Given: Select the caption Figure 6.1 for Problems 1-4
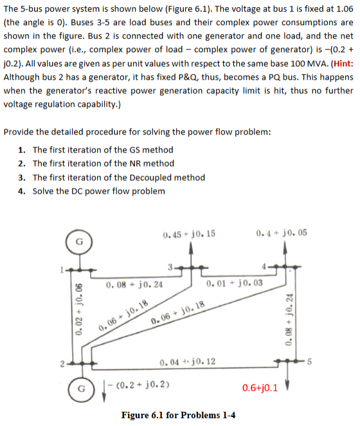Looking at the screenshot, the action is click(178, 414).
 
